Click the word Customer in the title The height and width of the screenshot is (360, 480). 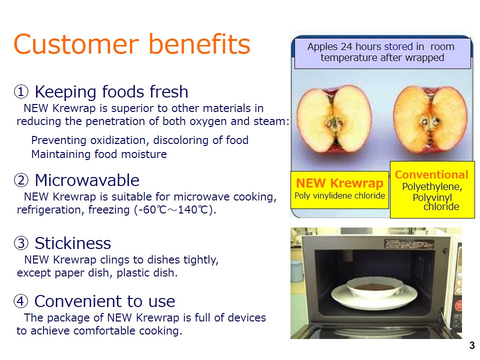click(x=76, y=44)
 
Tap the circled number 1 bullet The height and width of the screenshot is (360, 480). click(x=21, y=91)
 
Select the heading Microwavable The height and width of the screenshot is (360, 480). click(x=87, y=180)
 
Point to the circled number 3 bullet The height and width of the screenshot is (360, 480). click(x=21, y=243)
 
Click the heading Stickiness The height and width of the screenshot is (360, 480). click(x=73, y=243)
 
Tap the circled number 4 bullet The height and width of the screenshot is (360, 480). click(x=21, y=301)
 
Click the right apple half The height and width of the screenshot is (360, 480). click(x=430, y=119)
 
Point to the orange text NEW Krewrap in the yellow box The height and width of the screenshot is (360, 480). click(x=339, y=183)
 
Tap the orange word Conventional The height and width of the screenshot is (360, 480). click(x=431, y=174)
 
